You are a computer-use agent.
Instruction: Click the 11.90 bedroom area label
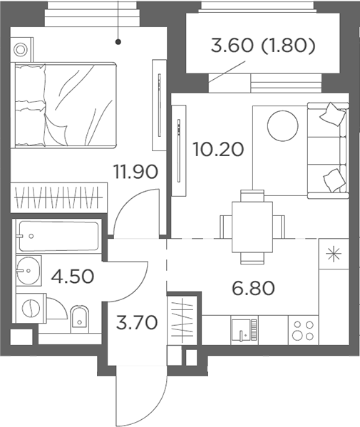(135, 172)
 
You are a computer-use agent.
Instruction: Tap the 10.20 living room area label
(218, 150)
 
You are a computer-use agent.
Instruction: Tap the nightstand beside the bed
(21, 50)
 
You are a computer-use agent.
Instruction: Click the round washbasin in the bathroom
(30, 270)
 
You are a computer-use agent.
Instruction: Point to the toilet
(79, 314)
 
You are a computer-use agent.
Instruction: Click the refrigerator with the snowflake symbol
(332, 255)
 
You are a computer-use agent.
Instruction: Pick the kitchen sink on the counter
(244, 329)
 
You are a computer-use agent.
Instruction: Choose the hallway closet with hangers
(182, 321)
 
